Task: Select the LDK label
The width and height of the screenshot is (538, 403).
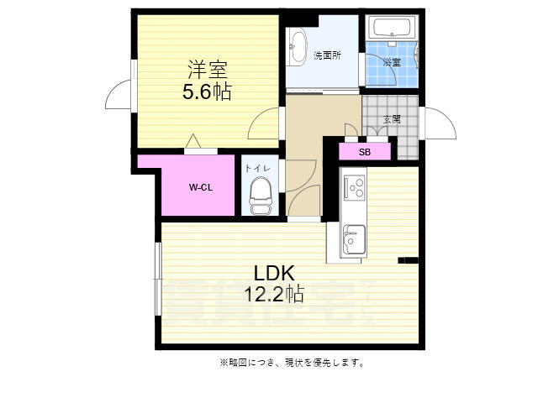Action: point(273,273)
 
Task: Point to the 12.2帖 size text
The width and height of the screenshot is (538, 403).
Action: point(273,294)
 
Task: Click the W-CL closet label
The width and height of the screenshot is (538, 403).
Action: point(199,187)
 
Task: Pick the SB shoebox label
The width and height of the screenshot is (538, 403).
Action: point(365,152)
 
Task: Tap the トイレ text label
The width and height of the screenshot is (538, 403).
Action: point(257,169)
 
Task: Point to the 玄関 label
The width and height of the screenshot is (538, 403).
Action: point(392,119)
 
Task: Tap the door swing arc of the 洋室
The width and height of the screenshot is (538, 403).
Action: point(263,126)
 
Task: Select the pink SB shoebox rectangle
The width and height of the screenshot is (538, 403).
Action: point(365,152)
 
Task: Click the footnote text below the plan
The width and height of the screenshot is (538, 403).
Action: point(292,363)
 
